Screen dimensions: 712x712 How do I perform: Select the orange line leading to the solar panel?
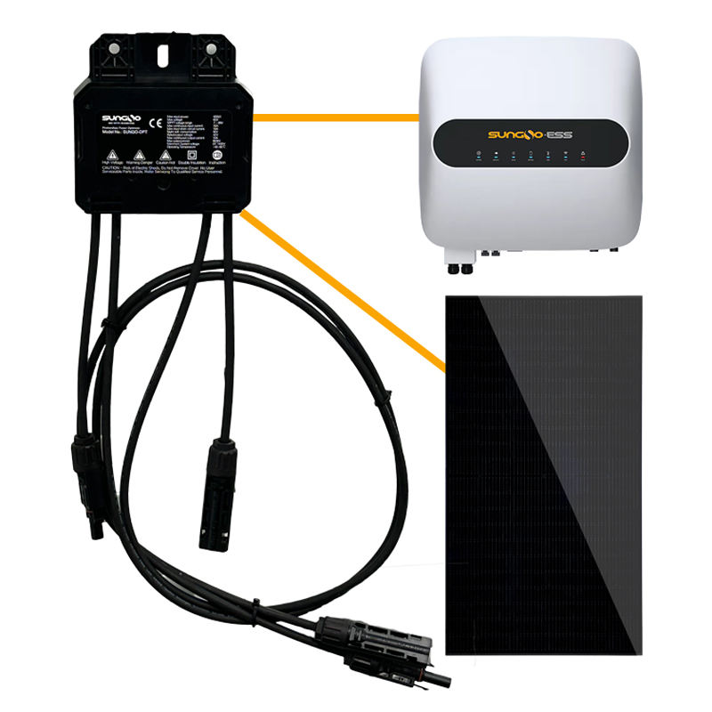click(347, 294)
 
